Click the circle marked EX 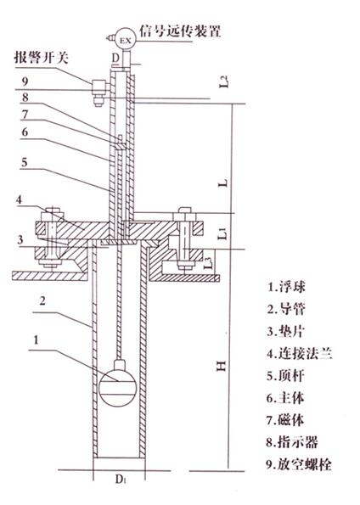coord(126,40)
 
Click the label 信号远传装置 coord(180,31)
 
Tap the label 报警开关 coord(41,58)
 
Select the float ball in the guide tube coord(118,385)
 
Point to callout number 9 coord(25,81)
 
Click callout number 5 coord(25,162)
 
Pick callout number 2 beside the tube coord(42,300)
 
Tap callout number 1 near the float coord(37,339)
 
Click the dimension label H coord(222,366)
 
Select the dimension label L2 coord(225,81)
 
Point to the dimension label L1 coord(222,233)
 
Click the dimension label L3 coord(209,263)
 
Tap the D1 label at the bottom coord(121,480)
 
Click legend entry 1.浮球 coord(286,286)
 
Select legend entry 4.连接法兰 coord(300,354)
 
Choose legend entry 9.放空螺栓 coord(299,464)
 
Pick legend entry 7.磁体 coord(285,420)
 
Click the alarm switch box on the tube coord(99,87)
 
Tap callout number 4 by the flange coord(19,199)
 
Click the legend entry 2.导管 coord(286,309)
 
